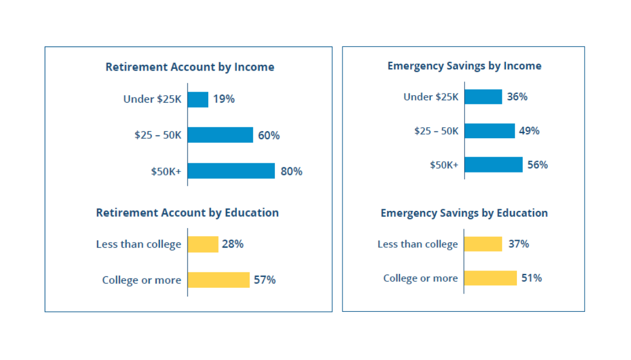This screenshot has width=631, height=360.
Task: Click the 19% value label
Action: tap(224, 99)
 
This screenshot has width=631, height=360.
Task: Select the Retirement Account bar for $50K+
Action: tap(231, 171)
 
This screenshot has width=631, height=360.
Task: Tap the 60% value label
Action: tap(268, 135)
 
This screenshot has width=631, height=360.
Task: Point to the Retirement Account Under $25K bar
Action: tap(198, 99)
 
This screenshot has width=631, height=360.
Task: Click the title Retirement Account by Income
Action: tap(190, 67)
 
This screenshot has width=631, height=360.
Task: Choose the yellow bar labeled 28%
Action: tap(203, 244)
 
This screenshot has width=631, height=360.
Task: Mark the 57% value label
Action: tap(264, 280)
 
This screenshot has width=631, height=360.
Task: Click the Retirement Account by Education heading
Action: tap(188, 213)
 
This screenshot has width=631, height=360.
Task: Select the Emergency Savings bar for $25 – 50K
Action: tap(489, 131)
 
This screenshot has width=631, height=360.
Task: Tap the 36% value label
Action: tap(517, 97)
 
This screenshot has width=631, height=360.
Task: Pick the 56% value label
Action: tap(537, 165)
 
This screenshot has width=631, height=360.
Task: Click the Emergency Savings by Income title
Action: tap(464, 66)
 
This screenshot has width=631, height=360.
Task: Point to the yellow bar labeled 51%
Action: tap(490, 278)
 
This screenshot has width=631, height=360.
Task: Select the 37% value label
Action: tap(519, 244)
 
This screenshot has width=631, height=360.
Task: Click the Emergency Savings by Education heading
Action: tap(464, 213)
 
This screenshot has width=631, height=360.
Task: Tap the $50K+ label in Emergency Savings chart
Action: tap(444, 165)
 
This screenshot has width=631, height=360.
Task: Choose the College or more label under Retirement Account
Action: tap(141, 280)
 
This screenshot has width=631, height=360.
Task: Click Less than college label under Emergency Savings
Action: tap(418, 244)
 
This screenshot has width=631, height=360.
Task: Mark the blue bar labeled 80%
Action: tap(231, 171)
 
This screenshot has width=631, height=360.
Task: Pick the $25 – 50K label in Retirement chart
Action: tap(158, 135)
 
